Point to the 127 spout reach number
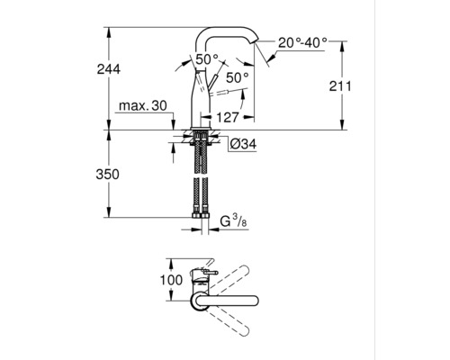tap(228, 117)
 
